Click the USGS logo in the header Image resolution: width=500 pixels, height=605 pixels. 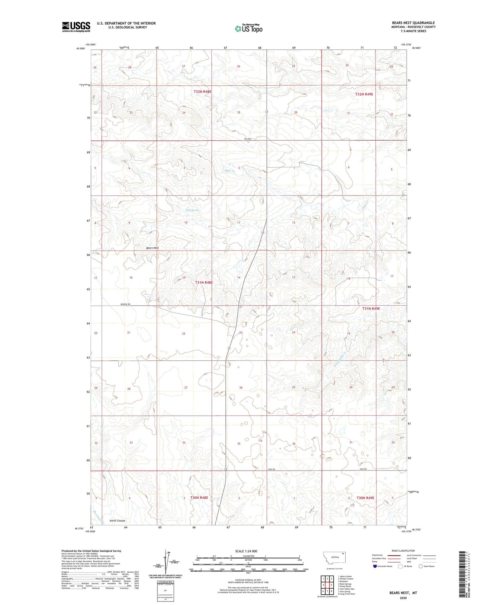76,27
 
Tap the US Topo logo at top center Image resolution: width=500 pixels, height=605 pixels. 248,28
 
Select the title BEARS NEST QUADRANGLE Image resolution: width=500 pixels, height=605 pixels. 413,23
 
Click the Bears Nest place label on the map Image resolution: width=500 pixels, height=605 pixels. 152,248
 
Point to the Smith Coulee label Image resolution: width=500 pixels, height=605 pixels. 117,521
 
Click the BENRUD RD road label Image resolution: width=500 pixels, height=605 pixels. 125,304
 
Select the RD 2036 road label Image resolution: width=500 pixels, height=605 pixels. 247,139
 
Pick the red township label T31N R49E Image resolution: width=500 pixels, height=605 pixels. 371,308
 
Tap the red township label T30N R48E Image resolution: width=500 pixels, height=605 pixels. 199,498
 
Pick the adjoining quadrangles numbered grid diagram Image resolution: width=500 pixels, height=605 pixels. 327,585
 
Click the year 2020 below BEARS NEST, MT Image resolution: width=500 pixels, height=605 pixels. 403,598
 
